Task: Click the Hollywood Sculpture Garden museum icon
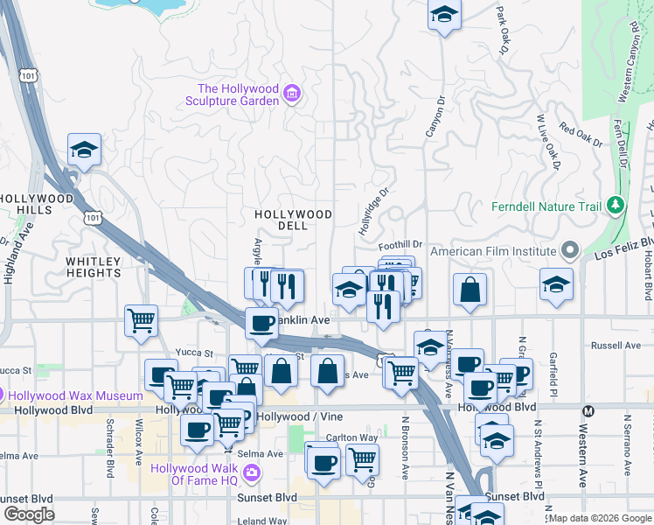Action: click(293, 94)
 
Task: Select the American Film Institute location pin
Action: click(571, 251)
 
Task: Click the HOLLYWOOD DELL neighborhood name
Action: click(293, 220)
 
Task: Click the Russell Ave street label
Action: click(616, 346)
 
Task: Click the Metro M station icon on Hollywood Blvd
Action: click(588, 410)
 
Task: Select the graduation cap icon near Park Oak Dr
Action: click(444, 15)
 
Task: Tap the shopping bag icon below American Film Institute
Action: click(470, 290)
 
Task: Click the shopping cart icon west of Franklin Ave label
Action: click(141, 321)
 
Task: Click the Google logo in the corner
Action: click(28, 514)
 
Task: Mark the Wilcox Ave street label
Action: click(137, 446)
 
